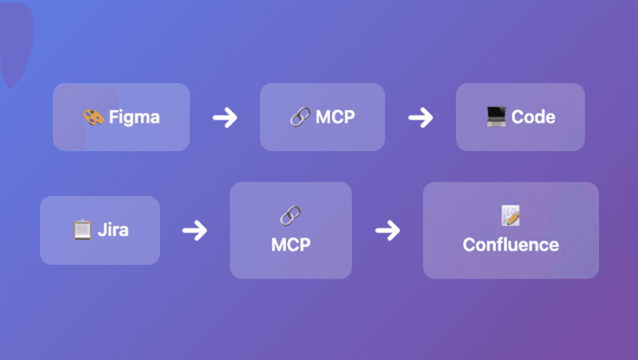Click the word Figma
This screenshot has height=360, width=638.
[x=134, y=117]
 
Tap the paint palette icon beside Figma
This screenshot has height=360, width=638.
[x=93, y=117]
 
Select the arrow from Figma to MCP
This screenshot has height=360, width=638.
[x=224, y=118]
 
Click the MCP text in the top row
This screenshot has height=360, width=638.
[x=335, y=117]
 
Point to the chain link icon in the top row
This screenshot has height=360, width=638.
[x=300, y=117]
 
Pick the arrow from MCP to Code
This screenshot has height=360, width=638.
[x=420, y=118]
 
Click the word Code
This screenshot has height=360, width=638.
[x=533, y=117]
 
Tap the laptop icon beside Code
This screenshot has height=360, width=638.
[x=496, y=117]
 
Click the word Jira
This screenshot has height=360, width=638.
[x=113, y=230]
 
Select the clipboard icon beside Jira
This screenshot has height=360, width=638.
[x=82, y=230]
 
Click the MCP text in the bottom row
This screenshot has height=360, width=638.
[x=290, y=245]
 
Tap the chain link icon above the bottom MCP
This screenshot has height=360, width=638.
[x=290, y=216]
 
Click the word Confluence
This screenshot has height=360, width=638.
[x=510, y=245]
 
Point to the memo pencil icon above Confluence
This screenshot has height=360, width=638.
[x=510, y=215]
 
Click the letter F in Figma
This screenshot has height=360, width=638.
[x=113, y=117]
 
